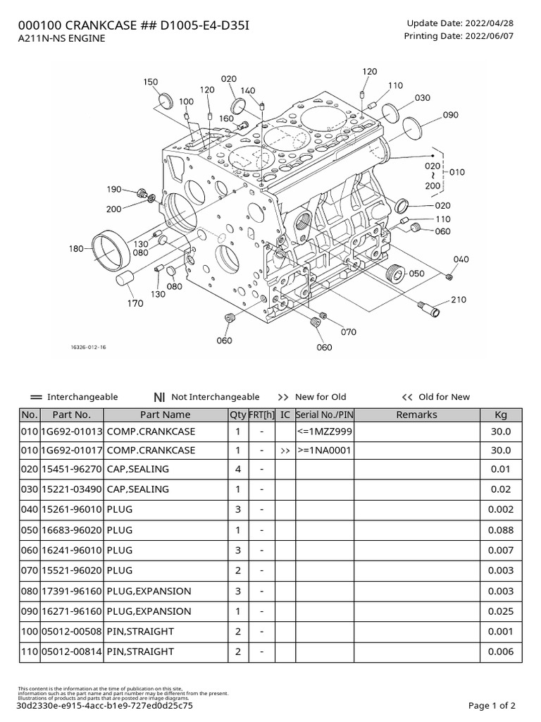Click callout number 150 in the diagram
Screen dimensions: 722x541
[151, 82]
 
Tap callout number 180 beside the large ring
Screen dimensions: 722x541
[76, 248]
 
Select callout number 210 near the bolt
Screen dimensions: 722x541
[459, 300]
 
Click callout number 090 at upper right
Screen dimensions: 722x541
[451, 115]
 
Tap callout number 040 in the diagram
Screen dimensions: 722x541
[461, 259]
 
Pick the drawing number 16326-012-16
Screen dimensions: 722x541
[89, 348]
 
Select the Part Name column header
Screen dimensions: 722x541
[165, 415]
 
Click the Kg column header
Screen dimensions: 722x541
[501, 415]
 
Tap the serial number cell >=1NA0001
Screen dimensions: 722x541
[324, 451]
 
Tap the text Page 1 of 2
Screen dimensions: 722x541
[492, 705]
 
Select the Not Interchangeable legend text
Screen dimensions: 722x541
[215, 397]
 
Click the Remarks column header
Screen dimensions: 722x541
[416, 415]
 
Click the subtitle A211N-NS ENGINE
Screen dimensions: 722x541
[61, 39]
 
